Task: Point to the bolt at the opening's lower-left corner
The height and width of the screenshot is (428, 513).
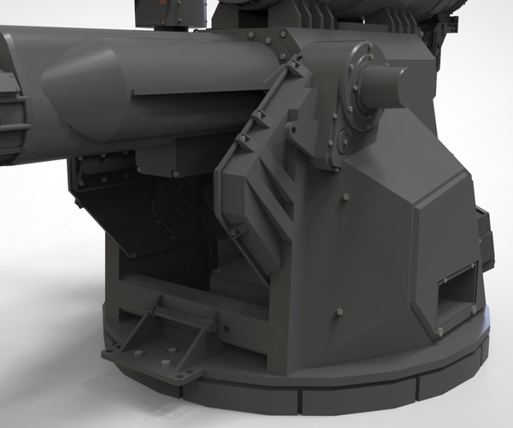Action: tap(439, 330)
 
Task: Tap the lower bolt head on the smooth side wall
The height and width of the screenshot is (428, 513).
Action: tap(339, 311)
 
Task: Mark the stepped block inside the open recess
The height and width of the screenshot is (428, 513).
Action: tap(235, 282)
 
